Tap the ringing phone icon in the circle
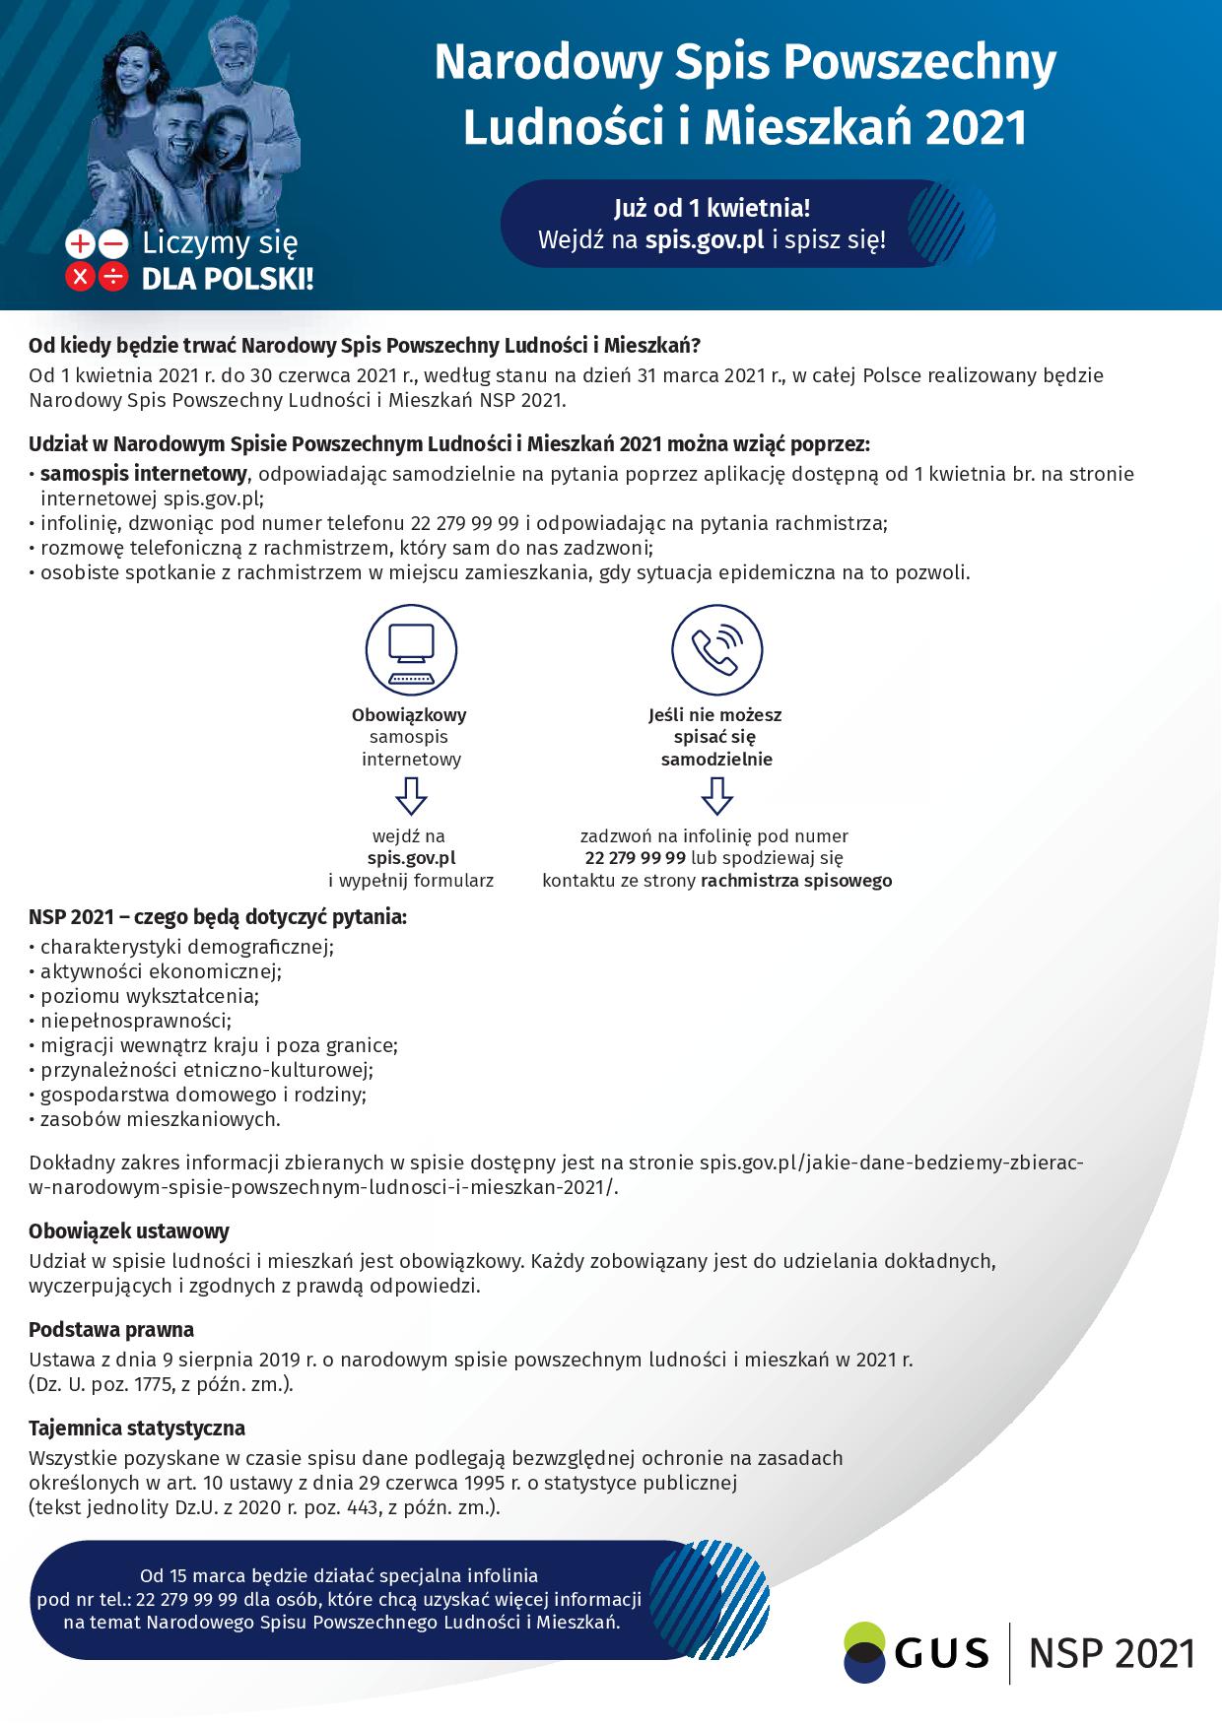[x=716, y=650]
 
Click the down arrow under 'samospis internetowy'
[x=411, y=795]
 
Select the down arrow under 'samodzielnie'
[x=716, y=795]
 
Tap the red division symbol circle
[x=114, y=278]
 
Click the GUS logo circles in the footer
[x=864, y=1651]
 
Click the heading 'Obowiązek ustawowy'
[x=129, y=1230]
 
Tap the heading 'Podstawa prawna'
[x=111, y=1329]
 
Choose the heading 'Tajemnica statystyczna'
[x=137, y=1428]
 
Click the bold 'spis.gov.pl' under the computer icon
[x=411, y=858]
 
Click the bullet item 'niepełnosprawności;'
[x=136, y=1021]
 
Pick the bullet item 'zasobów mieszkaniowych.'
[x=160, y=1119]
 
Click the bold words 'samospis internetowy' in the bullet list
[x=143, y=474]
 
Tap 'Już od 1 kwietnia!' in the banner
[x=712, y=208]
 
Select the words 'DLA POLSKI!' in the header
[x=228, y=279]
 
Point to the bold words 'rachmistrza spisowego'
[x=796, y=881]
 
